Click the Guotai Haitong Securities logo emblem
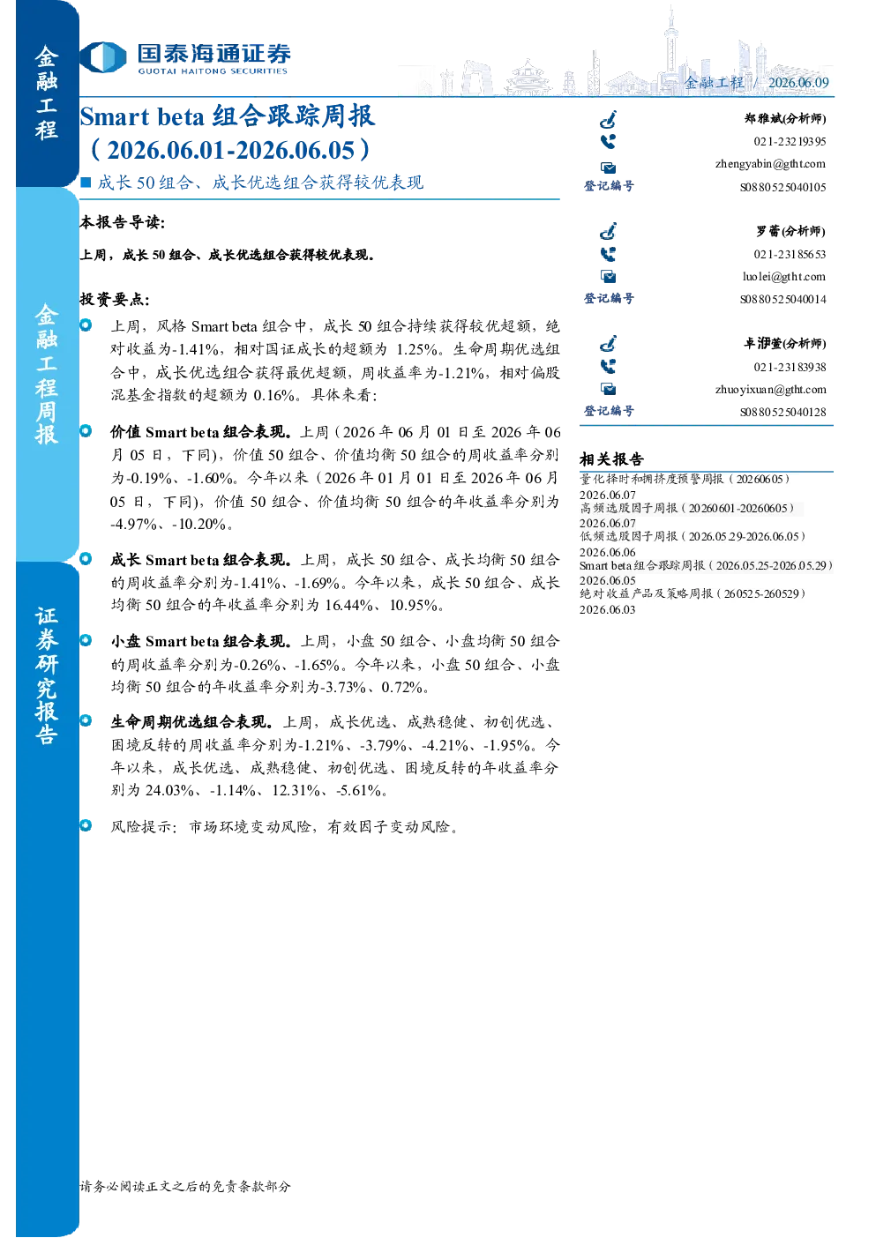click(104, 57)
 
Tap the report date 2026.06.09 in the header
click(798, 82)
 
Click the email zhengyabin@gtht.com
click(770, 164)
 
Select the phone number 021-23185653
click(790, 254)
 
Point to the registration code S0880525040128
click(782, 412)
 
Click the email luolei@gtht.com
click(783, 276)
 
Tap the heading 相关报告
click(611, 459)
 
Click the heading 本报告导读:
click(123, 222)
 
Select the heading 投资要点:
click(115, 300)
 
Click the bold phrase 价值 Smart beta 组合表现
click(198, 432)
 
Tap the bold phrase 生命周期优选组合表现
click(190, 722)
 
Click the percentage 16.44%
click(348, 605)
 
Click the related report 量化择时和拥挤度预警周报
click(651, 479)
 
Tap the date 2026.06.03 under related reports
click(607, 609)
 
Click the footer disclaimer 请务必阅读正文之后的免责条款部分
click(185, 1186)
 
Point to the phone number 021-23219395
click(790, 141)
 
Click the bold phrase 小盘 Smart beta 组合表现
click(198, 641)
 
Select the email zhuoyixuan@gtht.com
click(770, 389)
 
